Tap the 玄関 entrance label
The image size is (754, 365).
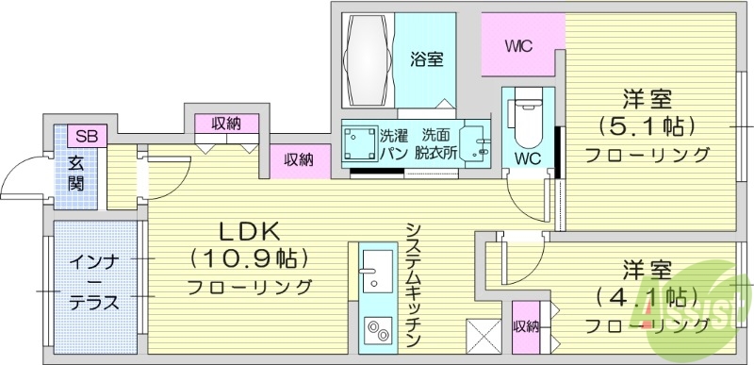[76, 170]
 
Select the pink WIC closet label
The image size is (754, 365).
[519, 44]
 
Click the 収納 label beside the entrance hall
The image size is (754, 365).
[226, 123]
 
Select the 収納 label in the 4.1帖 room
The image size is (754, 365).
[526, 327]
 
